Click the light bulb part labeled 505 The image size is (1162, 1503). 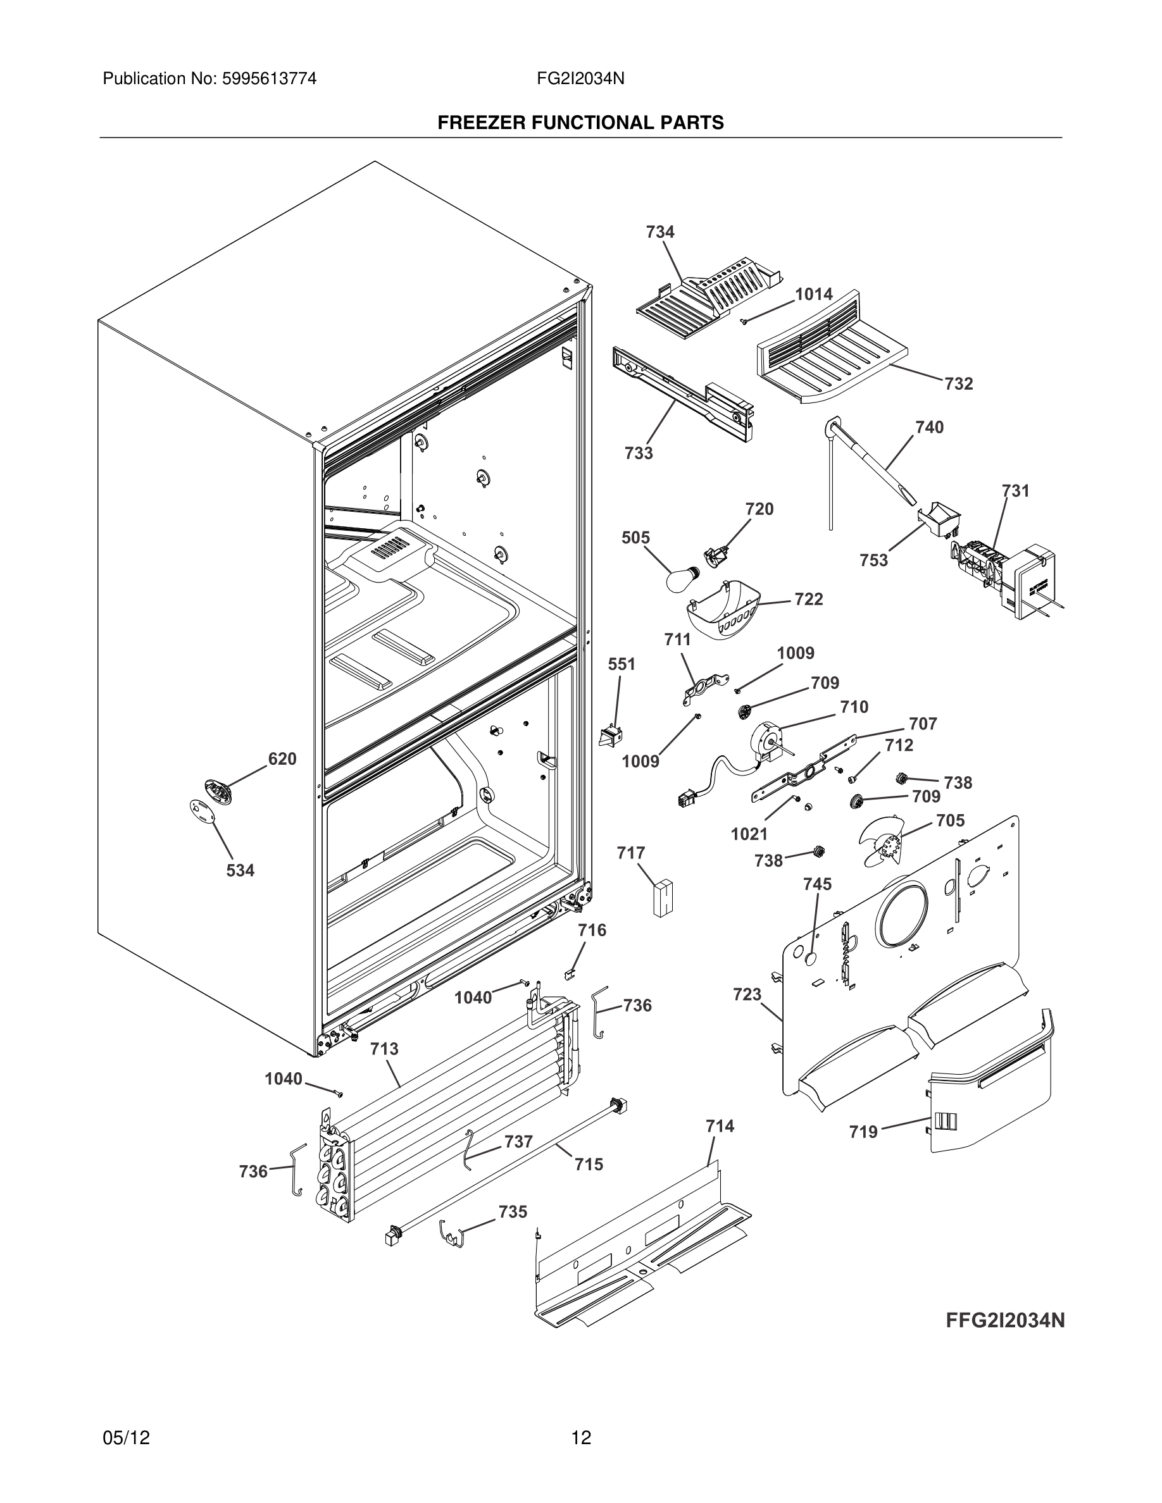click(x=682, y=579)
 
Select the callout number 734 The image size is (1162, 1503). click(x=659, y=232)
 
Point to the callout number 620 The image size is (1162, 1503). click(x=282, y=758)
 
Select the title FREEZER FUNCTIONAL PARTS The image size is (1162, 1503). click(x=580, y=123)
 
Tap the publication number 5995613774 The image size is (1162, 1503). click(x=269, y=78)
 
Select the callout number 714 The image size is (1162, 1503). click(x=720, y=1126)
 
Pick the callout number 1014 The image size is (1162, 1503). click(x=814, y=294)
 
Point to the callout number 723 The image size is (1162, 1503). click(x=747, y=994)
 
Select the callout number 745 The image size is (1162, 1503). click(x=817, y=884)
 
